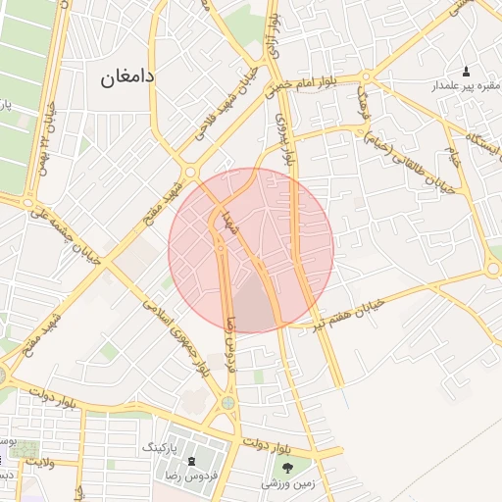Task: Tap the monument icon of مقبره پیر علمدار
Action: coord(465,72)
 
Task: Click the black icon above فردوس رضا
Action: coord(190,460)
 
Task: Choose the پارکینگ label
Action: coord(162,447)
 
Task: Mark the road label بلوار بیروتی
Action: coord(285,138)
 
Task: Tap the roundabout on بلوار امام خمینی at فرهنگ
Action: coord(367,77)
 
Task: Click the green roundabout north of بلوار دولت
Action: coord(228,401)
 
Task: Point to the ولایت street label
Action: coord(37,460)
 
